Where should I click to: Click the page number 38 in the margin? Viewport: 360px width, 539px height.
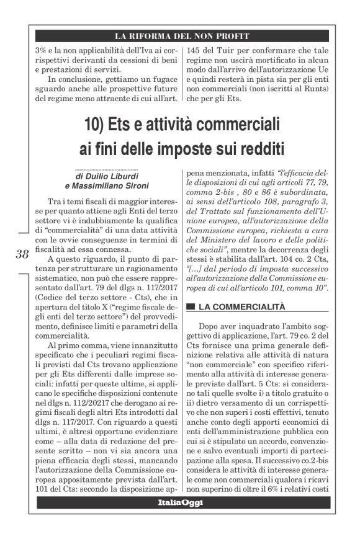23,253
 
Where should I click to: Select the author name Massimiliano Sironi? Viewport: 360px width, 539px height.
112,187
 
